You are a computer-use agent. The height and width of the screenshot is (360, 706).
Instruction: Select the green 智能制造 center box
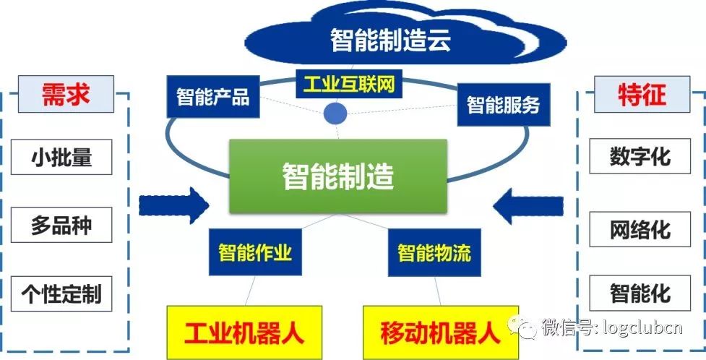click(x=338, y=176)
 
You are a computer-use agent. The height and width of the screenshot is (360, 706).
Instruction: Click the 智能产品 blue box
click(x=212, y=96)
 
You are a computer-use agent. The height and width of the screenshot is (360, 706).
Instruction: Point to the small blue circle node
click(x=335, y=113)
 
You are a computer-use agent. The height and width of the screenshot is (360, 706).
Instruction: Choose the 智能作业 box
click(x=255, y=252)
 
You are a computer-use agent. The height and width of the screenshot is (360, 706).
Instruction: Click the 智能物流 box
click(x=434, y=252)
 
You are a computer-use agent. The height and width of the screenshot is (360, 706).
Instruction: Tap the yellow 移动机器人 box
click(x=439, y=333)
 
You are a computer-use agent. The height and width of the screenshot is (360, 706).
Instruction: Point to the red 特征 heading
click(x=640, y=95)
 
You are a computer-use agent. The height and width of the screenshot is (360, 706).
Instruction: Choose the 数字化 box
click(x=640, y=156)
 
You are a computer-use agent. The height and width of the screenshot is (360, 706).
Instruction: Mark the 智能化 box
click(x=640, y=293)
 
